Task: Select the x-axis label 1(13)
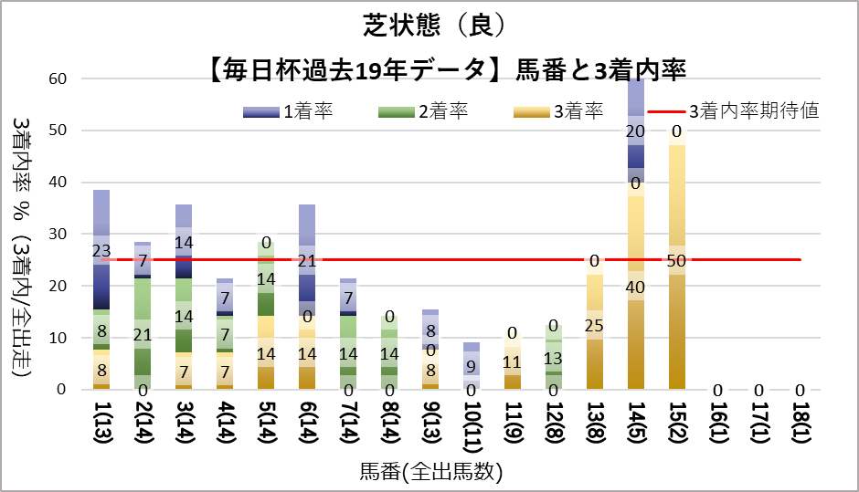[101, 425]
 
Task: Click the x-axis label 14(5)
[635, 425]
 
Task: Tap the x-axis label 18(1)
[800, 425]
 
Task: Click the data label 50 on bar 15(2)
[677, 261]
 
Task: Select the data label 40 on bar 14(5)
[635, 287]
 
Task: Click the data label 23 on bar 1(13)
[101, 251]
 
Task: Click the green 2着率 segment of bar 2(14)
[143, 310]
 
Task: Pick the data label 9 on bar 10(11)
[471, 367]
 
